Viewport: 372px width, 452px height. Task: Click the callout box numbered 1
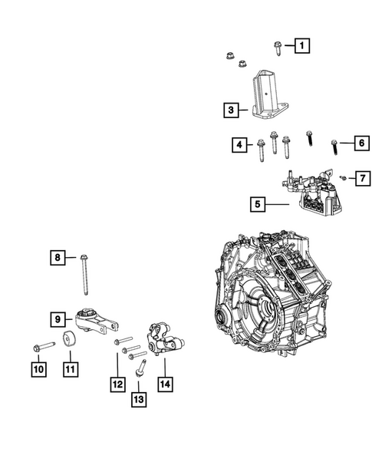(x=302, y=45)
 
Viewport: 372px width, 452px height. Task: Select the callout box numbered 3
(x=231, y=110)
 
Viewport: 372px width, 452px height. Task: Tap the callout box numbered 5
(x=258, y=204)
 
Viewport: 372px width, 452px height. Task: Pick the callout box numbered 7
(x=363, y=178)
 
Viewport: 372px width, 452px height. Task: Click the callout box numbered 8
(x=58, y=257)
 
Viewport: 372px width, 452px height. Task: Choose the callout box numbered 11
(x=71, y=369)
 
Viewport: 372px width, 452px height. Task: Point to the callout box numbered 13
(x=139, y=399)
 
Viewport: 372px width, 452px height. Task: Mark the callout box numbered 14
(x=165, y=384)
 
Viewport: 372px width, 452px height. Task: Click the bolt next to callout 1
(x=277, y=48)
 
